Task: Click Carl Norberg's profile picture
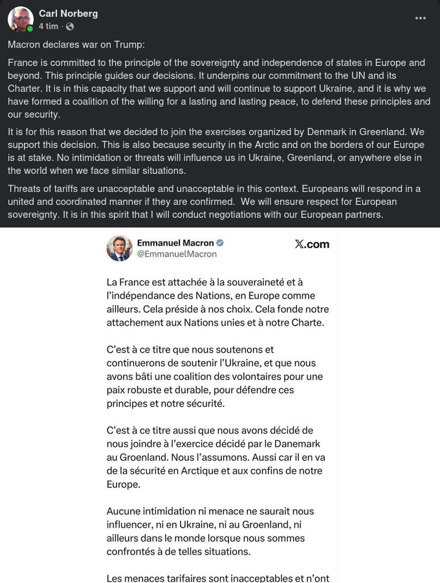tap(20, 19)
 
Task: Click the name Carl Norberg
tap(68, 14)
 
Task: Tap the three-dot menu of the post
tap(421, 18)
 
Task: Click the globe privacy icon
tap(70, 26)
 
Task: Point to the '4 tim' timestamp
tap(48, 26)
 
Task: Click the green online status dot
tap(30, 29)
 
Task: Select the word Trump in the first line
tap(129, 44)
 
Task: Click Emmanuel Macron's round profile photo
tap(120, 248)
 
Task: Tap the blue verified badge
tap(220, 243)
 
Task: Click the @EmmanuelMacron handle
tap(177, 254)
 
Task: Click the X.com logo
tap(312, 244)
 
